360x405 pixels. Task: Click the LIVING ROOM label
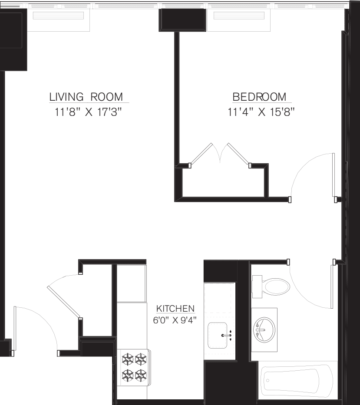[x=86, y=96]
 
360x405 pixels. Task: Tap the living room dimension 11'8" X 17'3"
[x=87, y=113]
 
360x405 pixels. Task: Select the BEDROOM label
[x=259, y=96]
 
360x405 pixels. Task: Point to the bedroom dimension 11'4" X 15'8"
[x=261, y=113]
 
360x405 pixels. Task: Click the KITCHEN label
[x=175, y=309]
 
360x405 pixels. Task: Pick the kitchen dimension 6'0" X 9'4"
[x=175, y=321]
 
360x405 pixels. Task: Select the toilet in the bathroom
[x=271, y=286]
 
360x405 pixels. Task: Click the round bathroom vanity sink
[x=264, y=330]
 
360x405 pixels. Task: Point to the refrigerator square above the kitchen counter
[x=132, y=283]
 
